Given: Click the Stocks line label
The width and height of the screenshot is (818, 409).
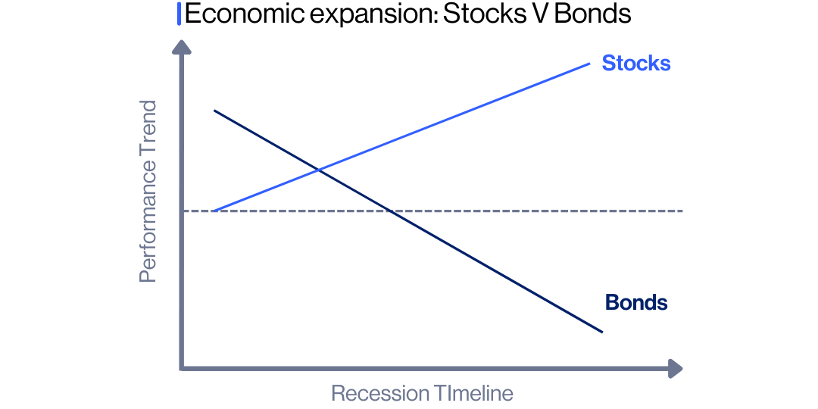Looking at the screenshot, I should click(635, 63).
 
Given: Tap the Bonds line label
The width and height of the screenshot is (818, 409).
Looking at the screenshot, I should click(635, 303).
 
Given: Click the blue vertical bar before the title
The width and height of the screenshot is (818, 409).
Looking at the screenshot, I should click(179, 14).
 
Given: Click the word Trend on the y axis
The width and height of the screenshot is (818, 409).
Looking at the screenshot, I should click(148, 129).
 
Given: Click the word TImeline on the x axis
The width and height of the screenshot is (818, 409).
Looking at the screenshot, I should click(473, 394).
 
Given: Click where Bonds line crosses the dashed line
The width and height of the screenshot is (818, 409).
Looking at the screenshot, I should click(389, 211).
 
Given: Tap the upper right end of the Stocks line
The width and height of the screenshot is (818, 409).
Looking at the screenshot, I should click(589, 63).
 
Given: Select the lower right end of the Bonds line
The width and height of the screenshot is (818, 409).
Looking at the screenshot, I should click(601, 331).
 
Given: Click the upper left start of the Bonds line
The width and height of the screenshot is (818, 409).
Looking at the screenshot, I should click(215, 111).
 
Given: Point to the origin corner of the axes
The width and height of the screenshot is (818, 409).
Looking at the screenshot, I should click(183, 368).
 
